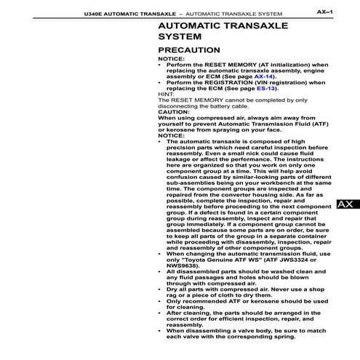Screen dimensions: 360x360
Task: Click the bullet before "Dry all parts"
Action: (161, 289)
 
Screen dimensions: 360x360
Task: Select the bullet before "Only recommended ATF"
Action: (161, 300)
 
